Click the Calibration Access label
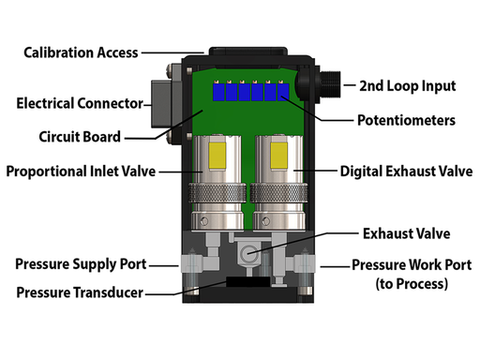click(81, 53)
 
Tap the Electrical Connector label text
click(80, 103)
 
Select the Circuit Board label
click(80, 137)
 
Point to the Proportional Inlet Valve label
click(81, 171)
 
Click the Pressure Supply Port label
click(81, 264)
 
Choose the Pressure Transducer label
click(80, 292)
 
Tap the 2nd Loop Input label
click(407, 86)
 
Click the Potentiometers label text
click(406, 120)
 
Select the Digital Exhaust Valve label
click(406, 171)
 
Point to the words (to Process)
click(412, 284)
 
